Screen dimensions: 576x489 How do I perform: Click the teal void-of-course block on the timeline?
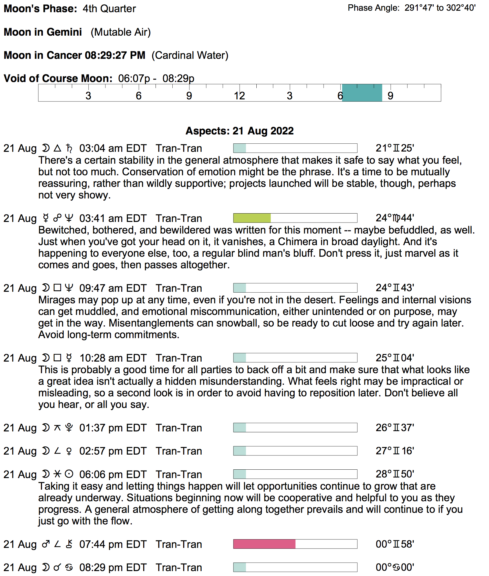tap(362, 93)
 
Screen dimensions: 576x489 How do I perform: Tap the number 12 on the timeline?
tap(240, 96)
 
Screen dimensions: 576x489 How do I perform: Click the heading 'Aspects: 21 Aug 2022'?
tap(240, 131)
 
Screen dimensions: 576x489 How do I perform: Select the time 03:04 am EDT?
tap(113, 148)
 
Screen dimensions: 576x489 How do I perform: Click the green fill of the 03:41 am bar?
tap(252, 218)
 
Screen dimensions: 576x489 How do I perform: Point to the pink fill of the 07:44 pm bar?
tap(264, 544)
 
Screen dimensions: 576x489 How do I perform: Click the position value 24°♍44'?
tap(395, 218)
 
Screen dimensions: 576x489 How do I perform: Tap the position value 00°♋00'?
tap(395, 567)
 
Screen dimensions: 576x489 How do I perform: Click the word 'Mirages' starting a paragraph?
tap(55, 300)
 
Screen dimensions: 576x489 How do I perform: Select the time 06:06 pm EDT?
tap(113, 474)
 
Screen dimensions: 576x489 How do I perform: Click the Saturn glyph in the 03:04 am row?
tap(69, 148)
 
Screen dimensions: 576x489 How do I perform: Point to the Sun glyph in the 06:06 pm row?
tap(69, 474)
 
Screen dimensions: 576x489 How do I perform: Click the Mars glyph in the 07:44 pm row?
tap(46, 544)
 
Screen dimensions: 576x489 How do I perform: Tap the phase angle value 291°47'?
tap(419, 8)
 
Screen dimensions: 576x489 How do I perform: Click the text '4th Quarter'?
tap(109, 9)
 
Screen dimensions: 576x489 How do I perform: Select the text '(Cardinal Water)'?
tap(190, 55)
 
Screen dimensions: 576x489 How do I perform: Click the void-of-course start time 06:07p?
tap(134, 79)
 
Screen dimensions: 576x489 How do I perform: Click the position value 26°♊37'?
tap(395, 428)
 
